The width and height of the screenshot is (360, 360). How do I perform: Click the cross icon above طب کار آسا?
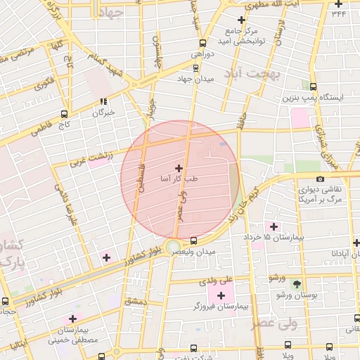179,168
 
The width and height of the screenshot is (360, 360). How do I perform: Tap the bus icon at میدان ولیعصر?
194,240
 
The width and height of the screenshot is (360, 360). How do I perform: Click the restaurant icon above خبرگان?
103,101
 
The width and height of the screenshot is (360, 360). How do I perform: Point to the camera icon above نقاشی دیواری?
321,179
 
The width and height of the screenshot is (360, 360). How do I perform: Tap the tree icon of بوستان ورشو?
297,284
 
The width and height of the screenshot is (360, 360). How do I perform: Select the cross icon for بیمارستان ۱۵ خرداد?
274,226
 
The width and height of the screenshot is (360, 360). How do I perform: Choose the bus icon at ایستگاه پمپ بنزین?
313,87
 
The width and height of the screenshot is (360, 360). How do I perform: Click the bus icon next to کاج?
65,114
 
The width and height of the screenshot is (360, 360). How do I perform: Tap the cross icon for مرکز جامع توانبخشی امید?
242,20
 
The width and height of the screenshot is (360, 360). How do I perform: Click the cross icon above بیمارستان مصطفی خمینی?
72,319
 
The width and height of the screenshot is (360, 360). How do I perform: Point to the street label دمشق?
133,302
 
